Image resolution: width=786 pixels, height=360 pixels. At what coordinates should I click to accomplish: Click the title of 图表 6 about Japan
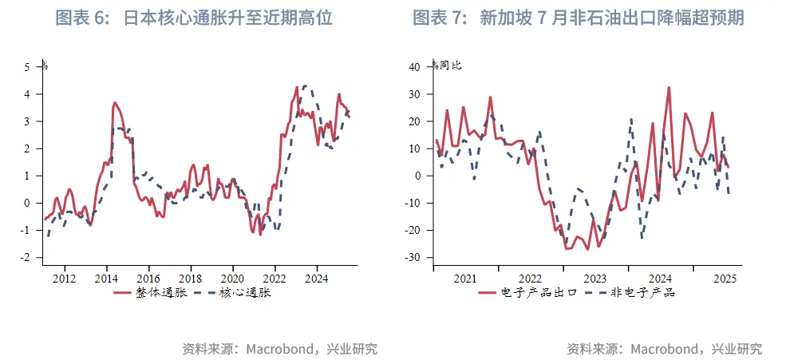[194, 18]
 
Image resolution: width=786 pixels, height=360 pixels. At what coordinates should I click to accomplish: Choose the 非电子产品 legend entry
[630, 292]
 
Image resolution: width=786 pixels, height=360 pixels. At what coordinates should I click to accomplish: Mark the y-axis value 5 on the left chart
[26, 67]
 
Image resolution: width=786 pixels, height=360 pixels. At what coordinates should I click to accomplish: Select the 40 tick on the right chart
[414, 67]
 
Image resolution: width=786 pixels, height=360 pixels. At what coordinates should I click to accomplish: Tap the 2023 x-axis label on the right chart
[594, 279]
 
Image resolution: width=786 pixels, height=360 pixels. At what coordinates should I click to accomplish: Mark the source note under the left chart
[279, 349]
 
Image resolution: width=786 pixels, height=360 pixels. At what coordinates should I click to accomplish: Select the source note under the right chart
[664, 349]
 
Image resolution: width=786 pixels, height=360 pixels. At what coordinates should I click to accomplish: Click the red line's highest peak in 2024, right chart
[668, 87]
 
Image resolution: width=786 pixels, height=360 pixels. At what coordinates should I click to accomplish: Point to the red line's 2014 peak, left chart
[115, 102]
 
